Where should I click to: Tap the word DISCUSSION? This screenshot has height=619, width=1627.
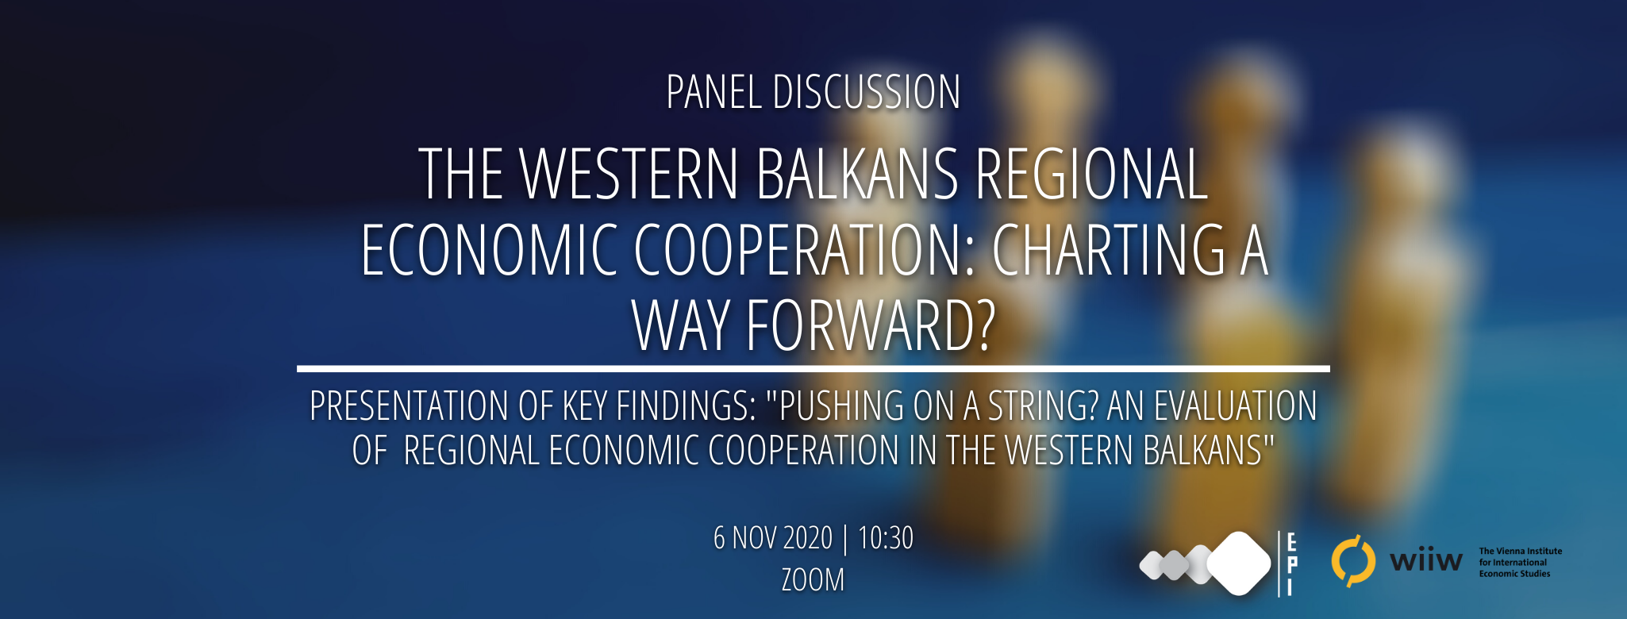coord(867,92)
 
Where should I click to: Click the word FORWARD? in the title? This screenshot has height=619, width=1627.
coord(871,325)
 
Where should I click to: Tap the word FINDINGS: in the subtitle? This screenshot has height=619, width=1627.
coord(686,406)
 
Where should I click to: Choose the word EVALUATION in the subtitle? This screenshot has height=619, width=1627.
coord(1235,406)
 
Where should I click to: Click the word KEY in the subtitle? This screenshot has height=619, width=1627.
coord(585,406)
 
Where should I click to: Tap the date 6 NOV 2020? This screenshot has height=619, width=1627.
coord(773,538)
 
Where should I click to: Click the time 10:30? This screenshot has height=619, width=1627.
coord(886,538)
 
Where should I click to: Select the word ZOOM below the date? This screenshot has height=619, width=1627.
coord(813,579)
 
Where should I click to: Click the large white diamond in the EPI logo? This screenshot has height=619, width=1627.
coord(1239,563)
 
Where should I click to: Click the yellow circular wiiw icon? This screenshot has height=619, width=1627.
coord(1353,561)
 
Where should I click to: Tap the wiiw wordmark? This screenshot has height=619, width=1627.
coord(1425,560)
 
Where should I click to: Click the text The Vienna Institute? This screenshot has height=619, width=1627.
coord(1520,551)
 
